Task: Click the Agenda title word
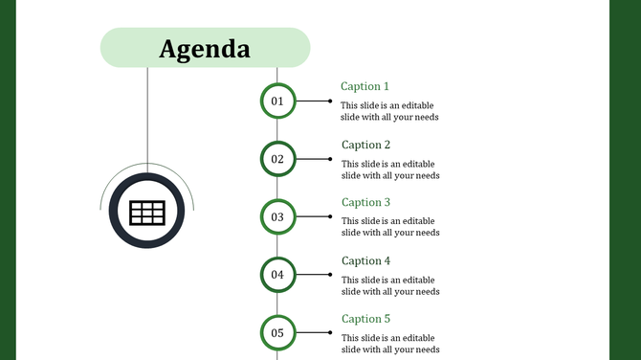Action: click(205, 48)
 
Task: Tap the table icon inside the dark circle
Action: click(147, 213)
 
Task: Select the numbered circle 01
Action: click(277, 101)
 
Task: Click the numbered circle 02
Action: click(277, 159)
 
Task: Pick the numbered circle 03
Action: click(277, 216)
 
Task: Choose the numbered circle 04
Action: click(277, 275)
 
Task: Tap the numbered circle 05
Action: click(277, 333)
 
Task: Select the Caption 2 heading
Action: click(366, 145)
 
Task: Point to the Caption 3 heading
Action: click(366, 202)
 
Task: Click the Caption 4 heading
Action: click(366, 260)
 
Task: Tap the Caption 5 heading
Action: click(366, 319)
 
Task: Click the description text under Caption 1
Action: click(390, 112)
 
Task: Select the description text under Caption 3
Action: click(390, 227)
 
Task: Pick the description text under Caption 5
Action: click(390, 343)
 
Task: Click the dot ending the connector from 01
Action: click(330, 101)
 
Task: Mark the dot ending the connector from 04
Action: click(330, 275)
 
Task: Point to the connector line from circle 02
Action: click(312, 159)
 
